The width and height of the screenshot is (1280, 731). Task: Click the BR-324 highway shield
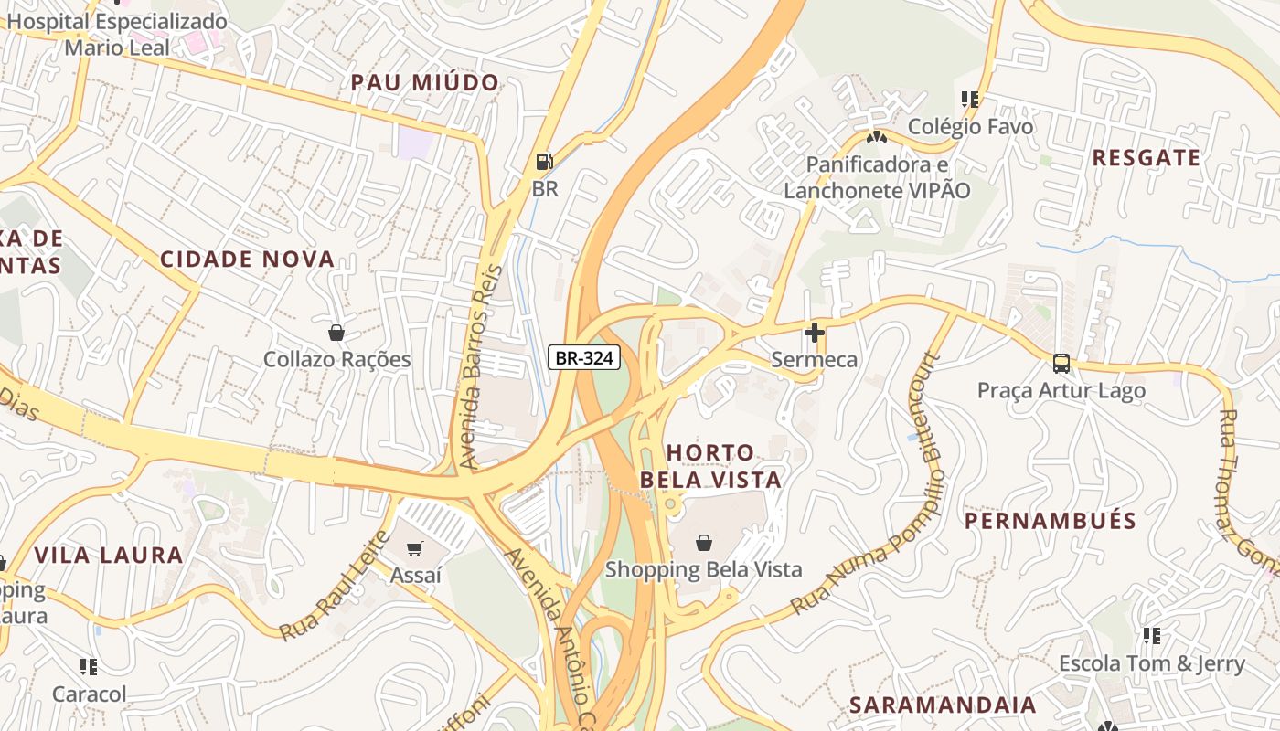(x=585, y=358)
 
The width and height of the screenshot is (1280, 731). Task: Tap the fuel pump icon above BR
(x=544, y=162)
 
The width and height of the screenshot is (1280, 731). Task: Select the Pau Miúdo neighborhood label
(x=425, y=83)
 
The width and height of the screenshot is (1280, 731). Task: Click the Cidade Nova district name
(x=248, y=259)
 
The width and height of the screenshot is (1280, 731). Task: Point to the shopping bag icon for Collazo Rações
(x=336, y=333)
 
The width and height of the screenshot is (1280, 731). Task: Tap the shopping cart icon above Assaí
(x=415, y=548)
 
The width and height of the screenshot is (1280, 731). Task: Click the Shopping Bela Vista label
(x=703, y=569)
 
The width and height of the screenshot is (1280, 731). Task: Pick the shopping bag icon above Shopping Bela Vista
(x=703, y=543)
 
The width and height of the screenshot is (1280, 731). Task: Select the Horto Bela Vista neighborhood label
(x=710, y=466)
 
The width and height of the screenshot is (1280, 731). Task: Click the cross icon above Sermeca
(x=814, y=333)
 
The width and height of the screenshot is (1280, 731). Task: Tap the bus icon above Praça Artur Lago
(x=1061, y=363)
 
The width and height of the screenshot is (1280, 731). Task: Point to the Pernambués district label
(x=1051, y=521)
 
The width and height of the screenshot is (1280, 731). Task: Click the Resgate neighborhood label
(x=1147, y=158)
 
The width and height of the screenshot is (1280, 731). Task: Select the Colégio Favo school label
(x=970, y=126)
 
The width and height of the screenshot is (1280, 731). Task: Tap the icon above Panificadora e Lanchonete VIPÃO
(x=876, y=137)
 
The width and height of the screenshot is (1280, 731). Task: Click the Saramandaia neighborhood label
(x=943, y=705)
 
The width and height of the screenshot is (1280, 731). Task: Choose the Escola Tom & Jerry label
(x=1151, y=663)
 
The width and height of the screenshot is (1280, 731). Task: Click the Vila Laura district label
(x=109, y=555)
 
